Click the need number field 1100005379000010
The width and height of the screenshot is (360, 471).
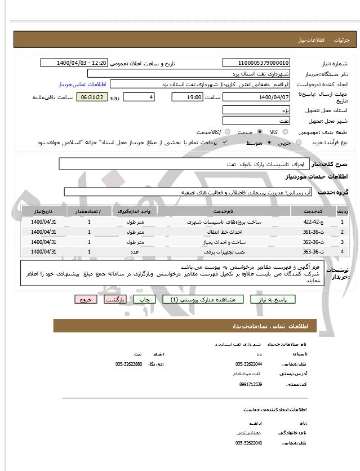coord(256,63)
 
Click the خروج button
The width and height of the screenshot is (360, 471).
coord(86,300)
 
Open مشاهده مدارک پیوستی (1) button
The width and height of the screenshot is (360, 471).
coord(203,300)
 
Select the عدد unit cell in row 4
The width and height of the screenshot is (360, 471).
coord(134,251)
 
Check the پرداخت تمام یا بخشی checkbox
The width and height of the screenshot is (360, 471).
coord(225,143)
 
